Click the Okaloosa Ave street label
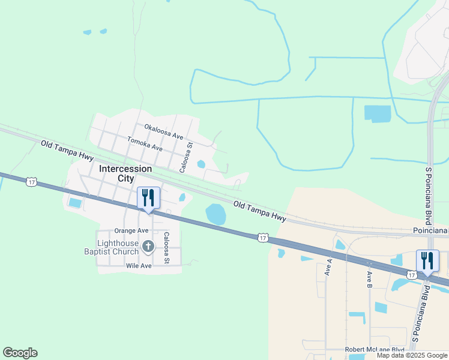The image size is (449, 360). [x=163, y=131]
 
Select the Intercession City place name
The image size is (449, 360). [x=125, y=173]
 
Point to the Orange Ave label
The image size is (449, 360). [x=131, y=230]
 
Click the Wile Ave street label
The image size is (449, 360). [x=138, y=265]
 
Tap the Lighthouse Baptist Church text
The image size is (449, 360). [x=111, y=247]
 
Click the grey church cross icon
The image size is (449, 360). [x=148, y=246]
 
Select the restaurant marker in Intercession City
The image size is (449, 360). [x=149, y=199]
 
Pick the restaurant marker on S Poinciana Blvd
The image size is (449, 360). [x=427, y=261]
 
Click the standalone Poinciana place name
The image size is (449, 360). [x=430, y=231]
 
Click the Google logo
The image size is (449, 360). [x=20, y=353]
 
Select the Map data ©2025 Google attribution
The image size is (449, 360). [x=412, y=355]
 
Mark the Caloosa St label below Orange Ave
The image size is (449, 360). [x=166, y=248]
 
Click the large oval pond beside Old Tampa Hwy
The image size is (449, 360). [x=216, y=214]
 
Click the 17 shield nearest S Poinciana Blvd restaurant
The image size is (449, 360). [x=411, y=274]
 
